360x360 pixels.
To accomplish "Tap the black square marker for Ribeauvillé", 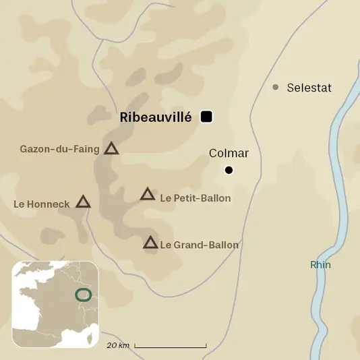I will [x=207, y=117].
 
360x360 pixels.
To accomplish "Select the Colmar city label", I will [x=229, y=154].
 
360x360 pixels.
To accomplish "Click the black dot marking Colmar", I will [x=229, y=170].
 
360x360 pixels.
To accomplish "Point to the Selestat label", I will [x=309, y=88].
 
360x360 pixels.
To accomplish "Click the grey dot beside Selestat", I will [x=275, y=87].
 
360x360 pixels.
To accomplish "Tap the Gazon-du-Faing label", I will [x=59, y=148].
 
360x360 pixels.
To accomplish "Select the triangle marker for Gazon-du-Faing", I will [x=111, y=149].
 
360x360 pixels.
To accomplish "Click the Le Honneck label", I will [x=41, y=203].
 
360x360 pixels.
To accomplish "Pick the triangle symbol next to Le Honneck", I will [x=83, y=202].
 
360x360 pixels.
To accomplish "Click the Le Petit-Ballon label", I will [x=196, y=198].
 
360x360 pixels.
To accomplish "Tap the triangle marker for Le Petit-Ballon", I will [x=148, y=195].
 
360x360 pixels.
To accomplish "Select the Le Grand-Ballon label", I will [x=199, y=245].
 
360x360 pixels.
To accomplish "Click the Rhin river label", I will [x=320, y=265].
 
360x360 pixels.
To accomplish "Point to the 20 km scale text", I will [x=117, y=345].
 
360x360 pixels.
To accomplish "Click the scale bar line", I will [x=170, y=347].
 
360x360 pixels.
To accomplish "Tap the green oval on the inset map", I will [x=83, y=295].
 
